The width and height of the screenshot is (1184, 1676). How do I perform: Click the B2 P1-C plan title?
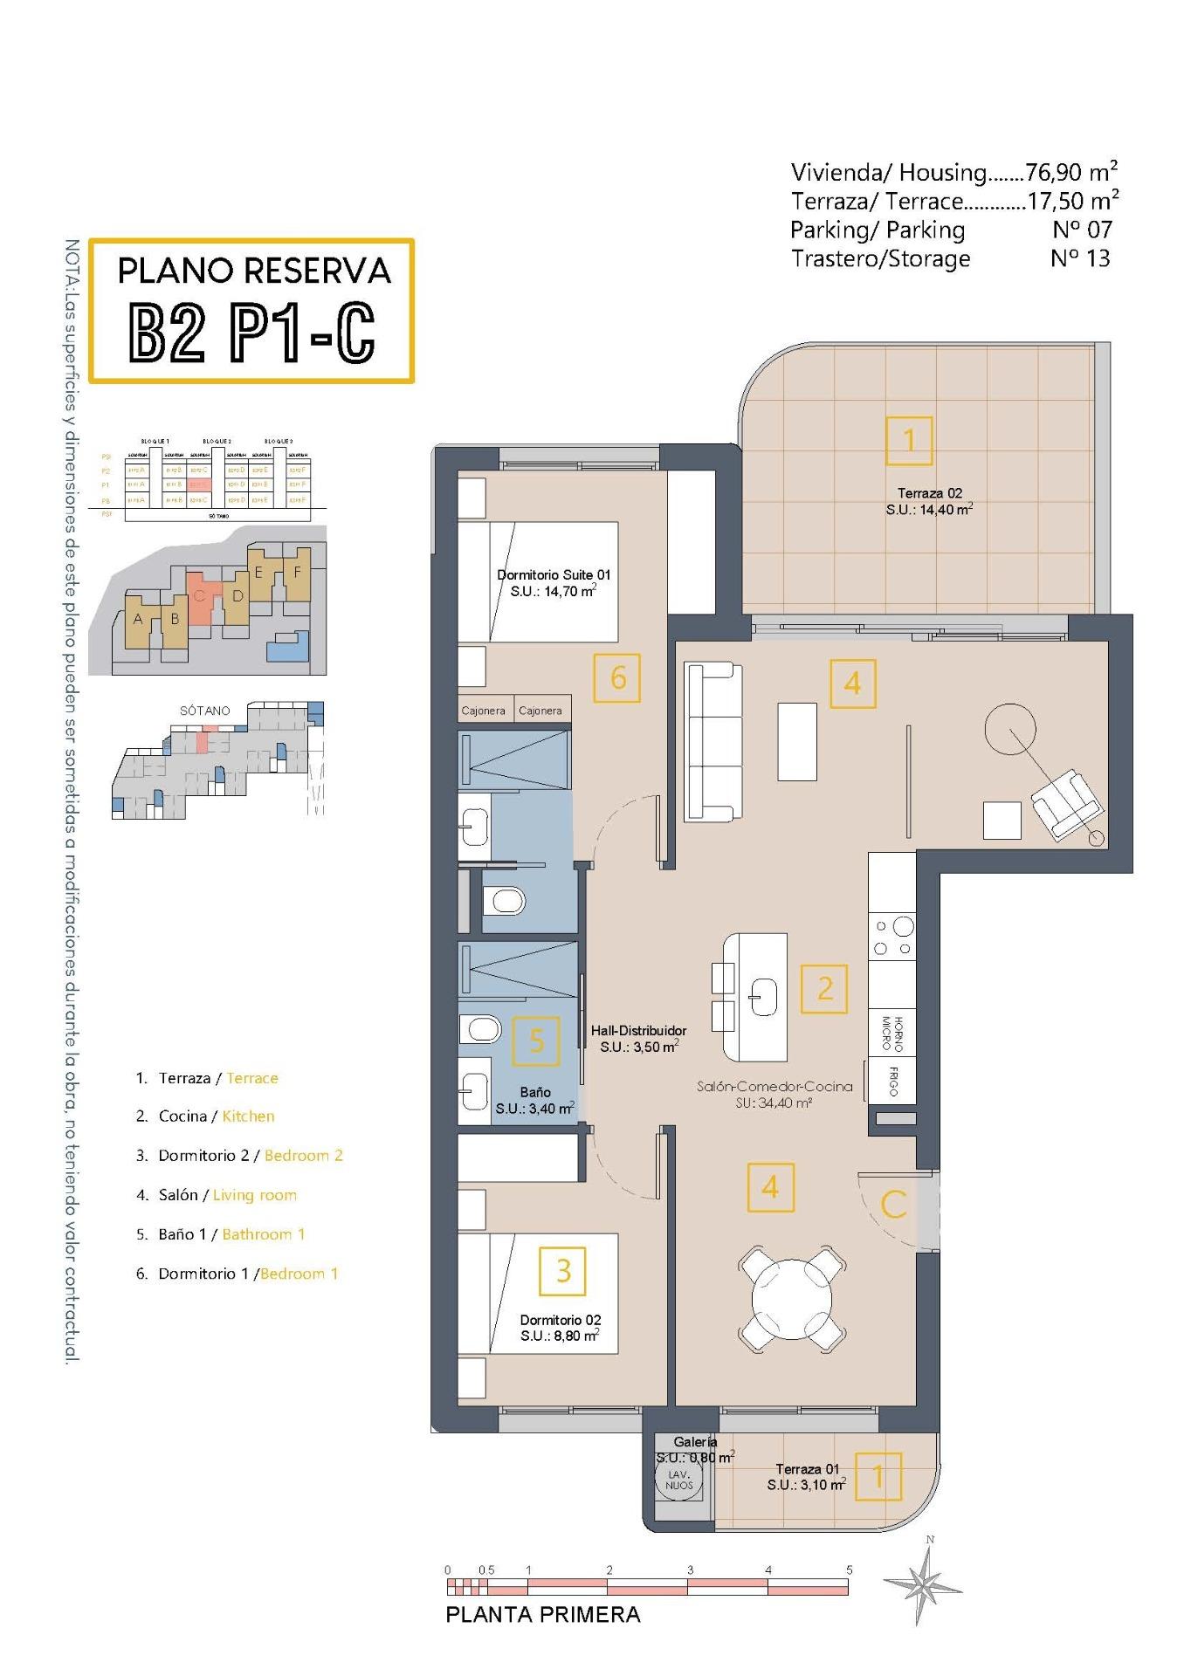coord(251,332)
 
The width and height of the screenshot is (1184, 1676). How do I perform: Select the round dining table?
coord(791,1297)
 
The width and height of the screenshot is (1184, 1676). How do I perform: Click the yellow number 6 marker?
coord(617,677)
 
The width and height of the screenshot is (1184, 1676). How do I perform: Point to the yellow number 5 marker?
coord(536,1041)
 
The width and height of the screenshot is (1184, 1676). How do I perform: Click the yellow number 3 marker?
coord(563,1270)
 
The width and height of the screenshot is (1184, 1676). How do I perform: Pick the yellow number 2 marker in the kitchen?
coord(824,988)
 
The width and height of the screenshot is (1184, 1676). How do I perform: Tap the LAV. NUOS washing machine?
coord(678,1479)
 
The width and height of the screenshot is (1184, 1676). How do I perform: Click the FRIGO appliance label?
coord(893,1081)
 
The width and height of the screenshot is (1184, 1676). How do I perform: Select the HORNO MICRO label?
coord(892,1034)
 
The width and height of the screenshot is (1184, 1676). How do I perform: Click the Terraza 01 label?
coord(807,1469)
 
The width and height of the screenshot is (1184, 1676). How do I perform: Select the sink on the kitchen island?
coord(763,996)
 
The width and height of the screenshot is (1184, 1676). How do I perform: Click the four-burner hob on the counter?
coord(892,937)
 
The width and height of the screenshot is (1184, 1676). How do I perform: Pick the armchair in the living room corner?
coord(1064,802)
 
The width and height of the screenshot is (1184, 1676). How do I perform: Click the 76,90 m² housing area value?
coord(1071,172)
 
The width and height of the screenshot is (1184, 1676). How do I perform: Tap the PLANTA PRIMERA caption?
coord(543,1614)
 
